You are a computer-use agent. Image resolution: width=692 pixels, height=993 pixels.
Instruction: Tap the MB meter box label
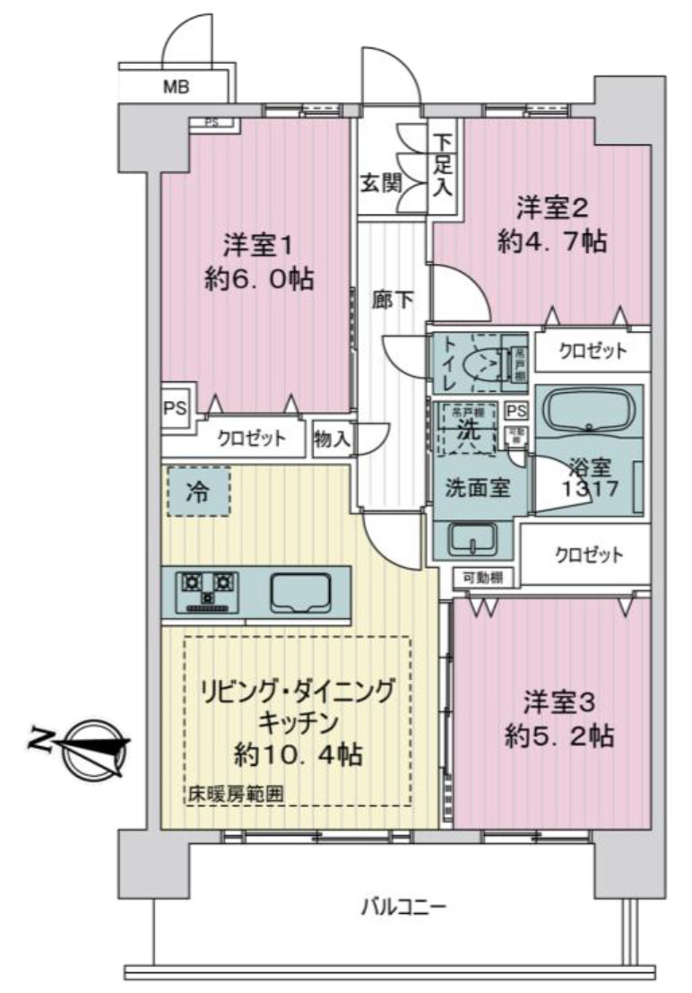175,88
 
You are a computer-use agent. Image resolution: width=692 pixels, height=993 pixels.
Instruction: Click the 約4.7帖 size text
549,241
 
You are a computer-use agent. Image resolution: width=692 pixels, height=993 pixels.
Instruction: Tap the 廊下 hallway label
392,300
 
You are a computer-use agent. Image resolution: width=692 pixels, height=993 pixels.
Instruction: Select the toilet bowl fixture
484,364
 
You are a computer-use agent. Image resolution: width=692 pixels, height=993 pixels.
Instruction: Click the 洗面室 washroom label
478,488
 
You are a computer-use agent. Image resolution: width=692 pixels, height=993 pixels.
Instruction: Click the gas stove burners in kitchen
207,590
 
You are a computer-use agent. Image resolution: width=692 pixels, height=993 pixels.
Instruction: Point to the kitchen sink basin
300,591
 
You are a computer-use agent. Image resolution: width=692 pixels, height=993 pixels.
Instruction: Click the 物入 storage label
333,440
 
